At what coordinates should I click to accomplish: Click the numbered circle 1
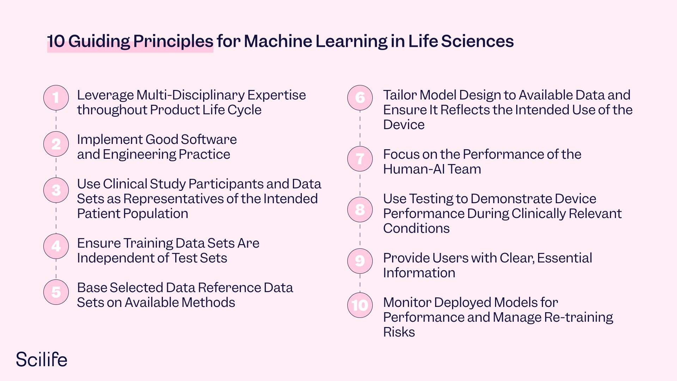click(56, 98)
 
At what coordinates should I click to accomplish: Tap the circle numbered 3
click(56, 190)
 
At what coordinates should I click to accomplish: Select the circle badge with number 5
click(56, 292)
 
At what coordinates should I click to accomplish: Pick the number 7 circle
click(360, 159)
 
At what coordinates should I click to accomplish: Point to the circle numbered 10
click(360, 305)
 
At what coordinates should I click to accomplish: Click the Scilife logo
click(42, 359)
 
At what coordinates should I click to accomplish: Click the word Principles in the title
click(173, 41)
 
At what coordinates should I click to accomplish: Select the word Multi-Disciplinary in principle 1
click(190, 95)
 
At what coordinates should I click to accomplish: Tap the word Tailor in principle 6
click(400, 95)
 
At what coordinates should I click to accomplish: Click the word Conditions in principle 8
click(416, 229)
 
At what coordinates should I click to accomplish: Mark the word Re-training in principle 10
click(579, 317)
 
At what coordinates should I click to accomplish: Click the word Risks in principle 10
click(399, 332)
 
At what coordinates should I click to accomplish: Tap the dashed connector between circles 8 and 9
click(360, 235)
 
